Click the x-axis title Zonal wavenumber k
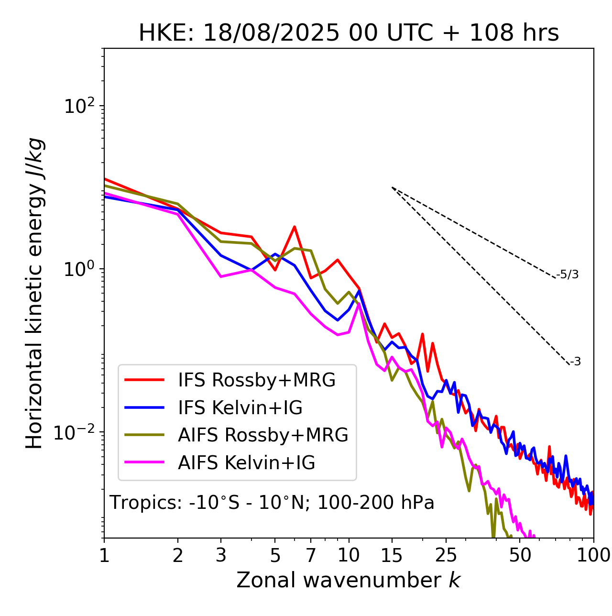point(348,580)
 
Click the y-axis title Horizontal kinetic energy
point(34,293)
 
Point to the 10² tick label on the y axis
point(79,106)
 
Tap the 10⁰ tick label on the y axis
point(79,269)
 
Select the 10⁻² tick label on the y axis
point(76,432)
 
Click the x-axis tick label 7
point(311,555)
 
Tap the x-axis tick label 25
point(446,555)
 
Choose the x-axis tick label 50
point(520,555)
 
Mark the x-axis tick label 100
point(593,555)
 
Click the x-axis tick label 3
point(221,555)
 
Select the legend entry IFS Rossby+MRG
point(256,380)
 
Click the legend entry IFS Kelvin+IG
point(240,408)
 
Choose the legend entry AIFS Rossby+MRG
point(263,435)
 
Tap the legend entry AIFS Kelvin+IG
point(246,463)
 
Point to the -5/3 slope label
point(568,275)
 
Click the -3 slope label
point(575,362)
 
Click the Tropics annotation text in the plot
point(272,503)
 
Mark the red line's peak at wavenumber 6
point(295,227)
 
